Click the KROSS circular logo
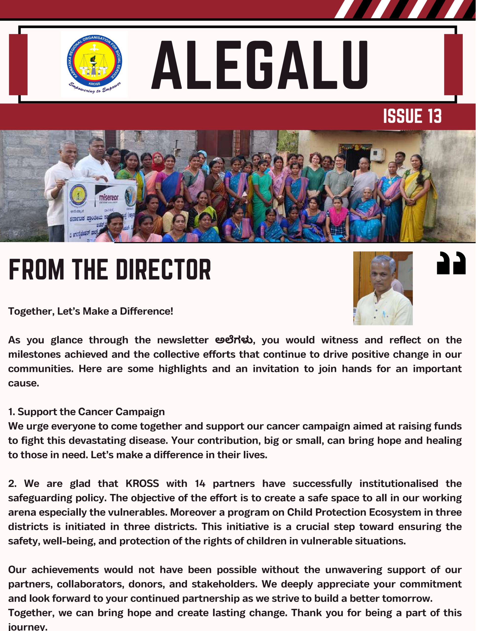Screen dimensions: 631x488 [94, 64]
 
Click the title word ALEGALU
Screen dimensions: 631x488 [260, 65]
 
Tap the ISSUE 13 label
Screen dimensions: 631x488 [412, 116]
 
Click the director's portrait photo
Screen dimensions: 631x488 [382, 288]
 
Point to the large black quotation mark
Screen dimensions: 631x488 [451, 263]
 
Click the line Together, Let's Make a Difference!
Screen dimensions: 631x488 [91, 312]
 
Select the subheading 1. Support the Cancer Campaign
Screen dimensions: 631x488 [87, 412]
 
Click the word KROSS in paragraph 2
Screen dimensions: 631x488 [142, 484]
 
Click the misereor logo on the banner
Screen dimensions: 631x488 [109, 198]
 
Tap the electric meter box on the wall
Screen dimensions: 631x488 [377, 155]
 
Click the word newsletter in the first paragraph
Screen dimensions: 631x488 [183, 340]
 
